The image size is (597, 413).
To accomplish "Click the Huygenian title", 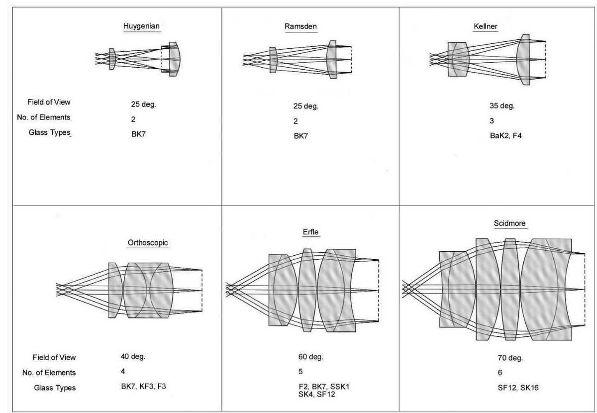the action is tap(141, 26).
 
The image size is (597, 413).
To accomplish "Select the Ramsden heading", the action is tap(300, 26).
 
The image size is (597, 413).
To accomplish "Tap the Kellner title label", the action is tap(486, 26).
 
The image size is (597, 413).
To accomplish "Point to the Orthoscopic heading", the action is tap(148, 243).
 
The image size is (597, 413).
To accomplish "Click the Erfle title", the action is tap(310, 232).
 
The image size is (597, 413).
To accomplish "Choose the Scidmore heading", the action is tap(509, 223).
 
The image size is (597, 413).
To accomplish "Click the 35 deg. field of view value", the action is tap(502, 106).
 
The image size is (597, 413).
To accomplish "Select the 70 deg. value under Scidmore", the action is tap(510, 358).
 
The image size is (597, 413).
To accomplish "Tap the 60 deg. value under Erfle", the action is tap(311, 357).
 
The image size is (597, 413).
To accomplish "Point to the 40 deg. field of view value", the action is tap(133, 356).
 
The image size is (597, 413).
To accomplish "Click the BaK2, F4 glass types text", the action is tap(505, 136).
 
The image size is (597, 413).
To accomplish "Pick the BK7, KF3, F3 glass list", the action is tap(143, 386).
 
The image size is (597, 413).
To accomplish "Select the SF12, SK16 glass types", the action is tap(518, 388).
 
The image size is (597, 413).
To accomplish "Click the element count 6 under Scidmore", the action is tap(500, 373).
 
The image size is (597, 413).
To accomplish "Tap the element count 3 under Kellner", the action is tap(492, 121).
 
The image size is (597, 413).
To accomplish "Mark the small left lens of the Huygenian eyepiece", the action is tap(112, 59).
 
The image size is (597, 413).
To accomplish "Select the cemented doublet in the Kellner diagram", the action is tap(458, 59).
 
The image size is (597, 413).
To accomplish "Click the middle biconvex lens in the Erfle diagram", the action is tap(307, 291).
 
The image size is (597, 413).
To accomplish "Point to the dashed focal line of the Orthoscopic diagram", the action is tap(202, 291).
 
